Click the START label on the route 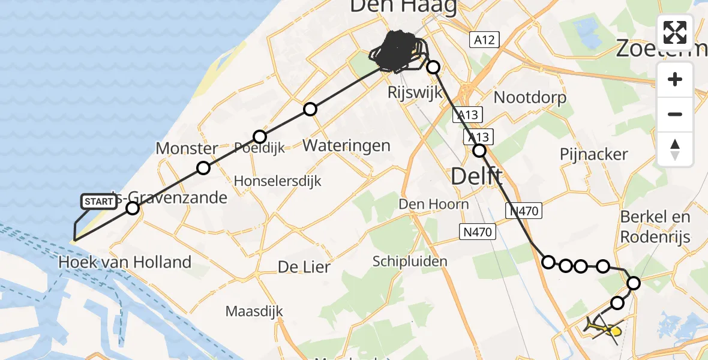[98, 202]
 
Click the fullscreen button [675, 32]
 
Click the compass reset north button [675, 149]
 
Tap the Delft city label [476, 176]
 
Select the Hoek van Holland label [125, 262]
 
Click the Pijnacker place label [593, 154]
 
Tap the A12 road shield [484, 40]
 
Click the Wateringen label [346, 145]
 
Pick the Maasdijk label [254, 311]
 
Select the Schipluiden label [410, 262]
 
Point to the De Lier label [304, 267]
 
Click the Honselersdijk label [277, 181]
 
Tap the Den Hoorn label [434, 204]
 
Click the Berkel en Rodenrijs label [656, 226]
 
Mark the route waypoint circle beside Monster [203, 168]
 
